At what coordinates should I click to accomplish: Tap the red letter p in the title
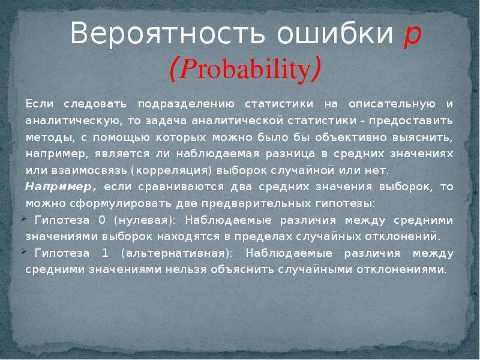click(413, 36)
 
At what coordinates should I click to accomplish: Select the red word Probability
click(245, 70)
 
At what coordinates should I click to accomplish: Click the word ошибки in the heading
click(335, 33)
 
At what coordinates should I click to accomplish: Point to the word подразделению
click(186, 104)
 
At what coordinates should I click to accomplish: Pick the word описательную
click(392, 104)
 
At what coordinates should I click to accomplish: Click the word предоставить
click(411, 121)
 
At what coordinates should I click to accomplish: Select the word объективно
click(350, 138)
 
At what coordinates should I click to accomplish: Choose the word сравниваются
click(181, 187)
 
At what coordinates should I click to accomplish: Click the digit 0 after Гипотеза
click(101, 220)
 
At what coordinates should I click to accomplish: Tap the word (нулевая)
click(144, 221)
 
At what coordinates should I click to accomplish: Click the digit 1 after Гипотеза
click(105, 253)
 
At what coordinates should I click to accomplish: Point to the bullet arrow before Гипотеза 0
click(24, 218)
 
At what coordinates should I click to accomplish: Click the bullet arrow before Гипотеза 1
click(24, 251)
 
